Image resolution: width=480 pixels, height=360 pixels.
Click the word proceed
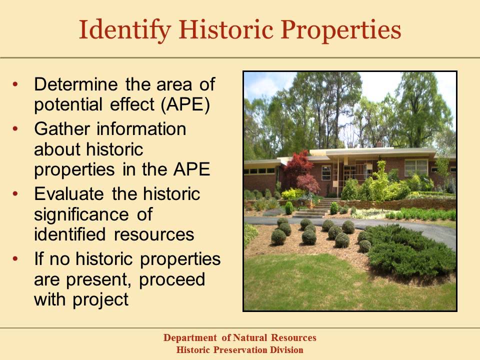coord(172,279)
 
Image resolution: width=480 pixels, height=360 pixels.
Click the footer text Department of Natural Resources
coord(240,338)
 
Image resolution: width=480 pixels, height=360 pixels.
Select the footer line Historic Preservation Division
coord(240,350)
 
